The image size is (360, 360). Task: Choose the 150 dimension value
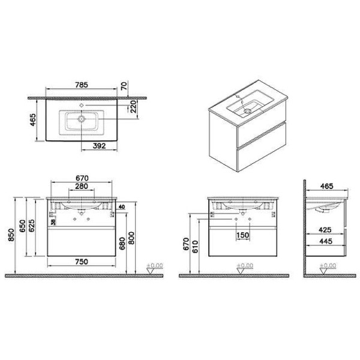point(241,235)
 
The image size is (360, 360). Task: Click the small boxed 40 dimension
point(121,207)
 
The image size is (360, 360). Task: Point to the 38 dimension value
point(53,221)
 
